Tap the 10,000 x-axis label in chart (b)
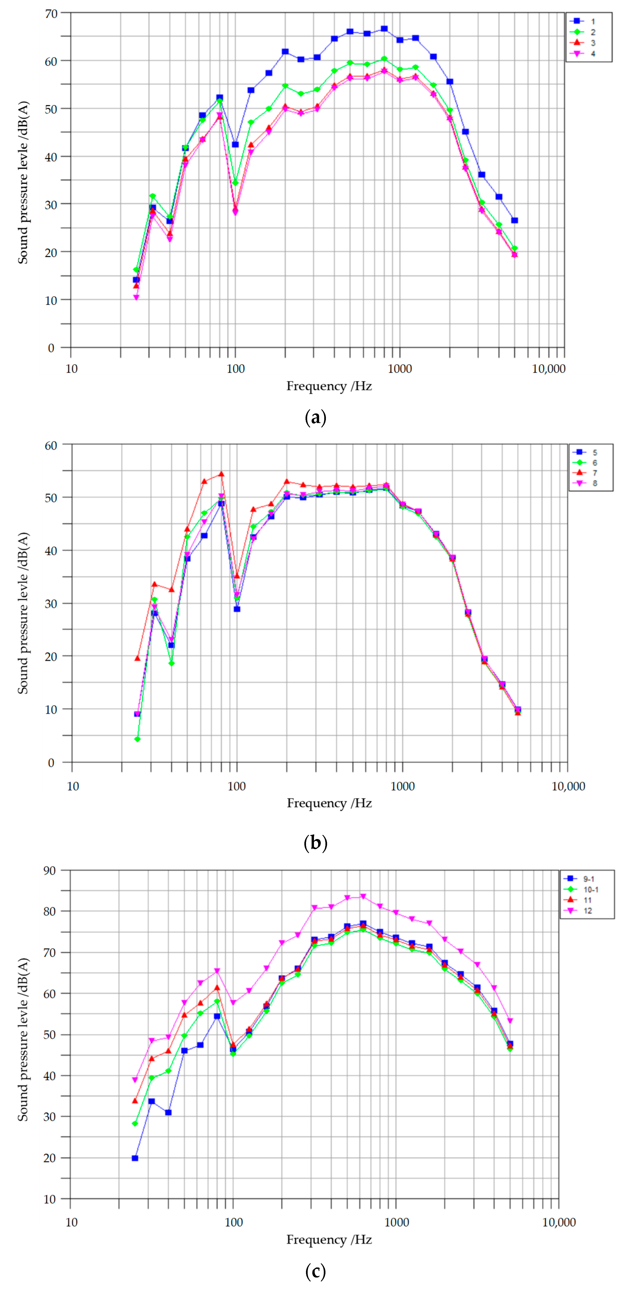click(x=568, y=786)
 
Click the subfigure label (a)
click(x=315, y=417)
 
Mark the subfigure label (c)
click(x=315, y=1271)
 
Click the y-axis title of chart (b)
click(x=23, y=613)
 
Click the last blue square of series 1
click(x=514, y=220)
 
